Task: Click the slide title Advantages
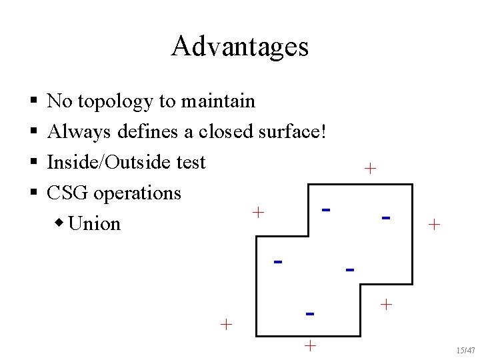(239, 47)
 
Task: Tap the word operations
(137, 193)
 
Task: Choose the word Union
(94, 223)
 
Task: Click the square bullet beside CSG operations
(33, 193)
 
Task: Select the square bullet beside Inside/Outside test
(33, 163)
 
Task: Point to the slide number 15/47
(466, 350)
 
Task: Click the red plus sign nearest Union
(259, 213)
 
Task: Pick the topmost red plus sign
(371, 169)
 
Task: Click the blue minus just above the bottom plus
(309, 313)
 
